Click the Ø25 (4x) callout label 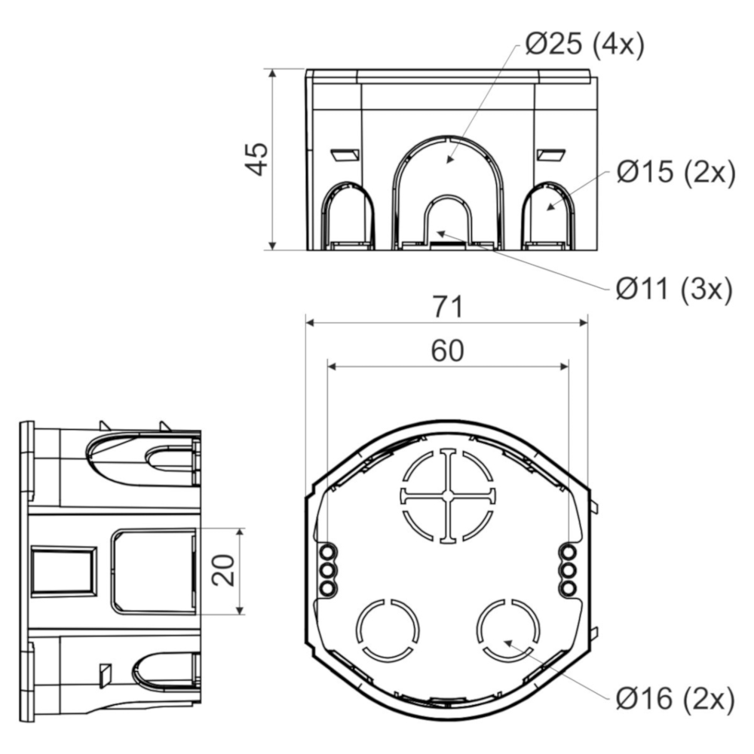[x=584, y=44]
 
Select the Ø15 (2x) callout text [x=676, y=172]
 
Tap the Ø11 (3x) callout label [x=674, y=290]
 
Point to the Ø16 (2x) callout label [x=675, y=698]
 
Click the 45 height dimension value [x=256, y=158]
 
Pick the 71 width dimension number [x=448, y=307]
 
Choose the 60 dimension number [x=447, y=351]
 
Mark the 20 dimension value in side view [x=223, y=570]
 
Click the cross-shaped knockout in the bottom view [x=448, y=496]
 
